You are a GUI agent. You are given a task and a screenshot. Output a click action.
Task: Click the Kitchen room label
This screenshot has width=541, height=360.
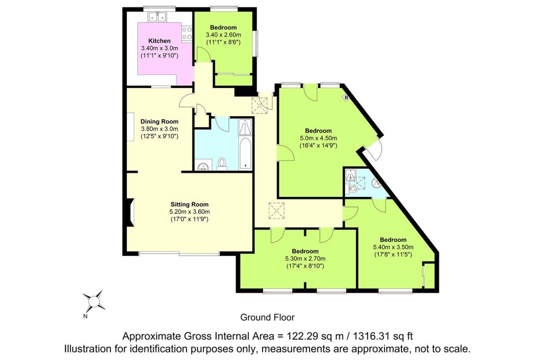coord(160,41)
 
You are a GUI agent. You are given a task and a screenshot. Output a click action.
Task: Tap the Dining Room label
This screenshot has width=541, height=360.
coord(160,121)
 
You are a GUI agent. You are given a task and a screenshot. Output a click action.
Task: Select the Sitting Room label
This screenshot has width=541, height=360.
coord(190,204)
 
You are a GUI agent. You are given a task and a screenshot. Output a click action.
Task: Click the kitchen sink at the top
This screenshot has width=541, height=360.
coord(157,16)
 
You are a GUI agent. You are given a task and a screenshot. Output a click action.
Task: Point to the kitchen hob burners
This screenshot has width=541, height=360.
coord(187,33)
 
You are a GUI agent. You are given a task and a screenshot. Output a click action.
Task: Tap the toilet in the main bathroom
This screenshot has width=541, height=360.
coord(222,164)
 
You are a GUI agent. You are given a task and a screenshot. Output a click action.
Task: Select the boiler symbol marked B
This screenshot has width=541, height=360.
coord(346,98)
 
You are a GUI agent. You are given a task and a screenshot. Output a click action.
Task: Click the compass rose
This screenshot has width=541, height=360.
coord(94,301)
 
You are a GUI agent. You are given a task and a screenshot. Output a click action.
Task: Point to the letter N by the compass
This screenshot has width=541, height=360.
coord(85,316)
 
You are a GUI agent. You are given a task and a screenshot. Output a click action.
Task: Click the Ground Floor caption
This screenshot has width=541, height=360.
coord(267,317)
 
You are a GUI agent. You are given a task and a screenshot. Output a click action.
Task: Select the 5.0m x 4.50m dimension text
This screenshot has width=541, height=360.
coord(318,138)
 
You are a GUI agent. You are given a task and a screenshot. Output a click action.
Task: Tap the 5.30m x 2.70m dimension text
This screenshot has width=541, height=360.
coord(305,259)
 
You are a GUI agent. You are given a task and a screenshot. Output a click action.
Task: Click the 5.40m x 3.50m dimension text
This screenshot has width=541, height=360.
coord(393,247)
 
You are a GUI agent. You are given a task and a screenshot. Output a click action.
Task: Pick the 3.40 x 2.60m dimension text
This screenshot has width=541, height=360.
coord(223,35)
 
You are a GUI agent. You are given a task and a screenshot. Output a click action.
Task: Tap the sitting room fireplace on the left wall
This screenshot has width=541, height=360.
coord(130,213)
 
